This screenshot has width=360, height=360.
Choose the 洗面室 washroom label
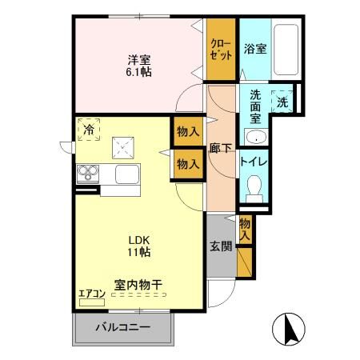pos(255,105)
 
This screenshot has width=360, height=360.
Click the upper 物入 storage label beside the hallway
pos(188,131)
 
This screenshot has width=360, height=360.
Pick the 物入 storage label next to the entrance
pos(245,227)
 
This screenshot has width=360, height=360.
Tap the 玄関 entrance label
pos(221,246)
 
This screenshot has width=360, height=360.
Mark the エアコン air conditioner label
pos(92,294)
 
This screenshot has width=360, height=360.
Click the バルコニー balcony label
pos(123,326)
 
